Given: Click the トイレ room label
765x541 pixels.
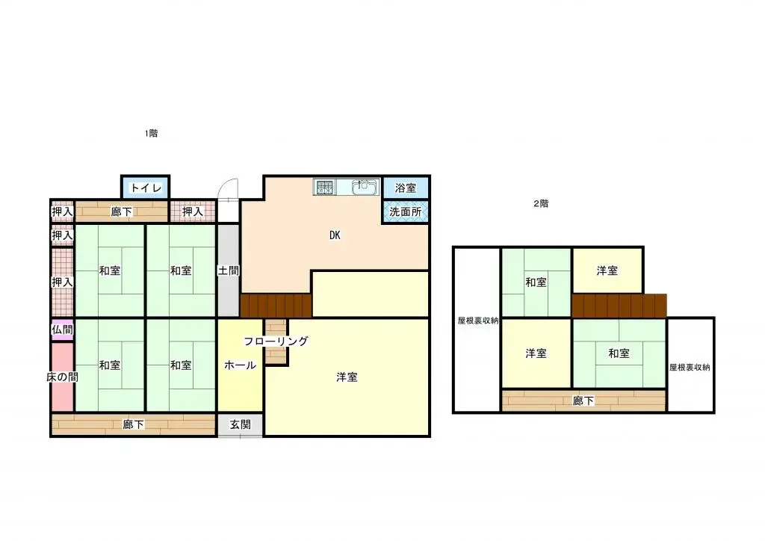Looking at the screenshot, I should tap(146, 188).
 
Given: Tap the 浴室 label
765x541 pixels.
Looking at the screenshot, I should tap(406, 188).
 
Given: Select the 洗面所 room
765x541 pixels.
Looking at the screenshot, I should tap(406, 211).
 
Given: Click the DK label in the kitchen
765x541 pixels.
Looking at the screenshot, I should tap(335, 235).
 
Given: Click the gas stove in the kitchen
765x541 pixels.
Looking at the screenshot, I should tap(324, 187).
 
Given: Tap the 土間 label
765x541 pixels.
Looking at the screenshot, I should tap(229, 270).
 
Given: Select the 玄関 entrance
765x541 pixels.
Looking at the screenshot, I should tap(240, 425).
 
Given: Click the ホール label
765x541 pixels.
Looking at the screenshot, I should tap(241, 365).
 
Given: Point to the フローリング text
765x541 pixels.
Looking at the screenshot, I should tap(276, 341).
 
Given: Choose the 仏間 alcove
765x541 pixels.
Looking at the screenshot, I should tap(62, 330).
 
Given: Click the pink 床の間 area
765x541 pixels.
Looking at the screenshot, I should tap(62, 377).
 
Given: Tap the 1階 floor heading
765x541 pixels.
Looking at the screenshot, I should tap(152, 134).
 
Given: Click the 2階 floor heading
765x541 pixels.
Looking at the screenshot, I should tap(540, 203).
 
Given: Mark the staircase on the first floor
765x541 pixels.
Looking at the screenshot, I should tap(276, 306).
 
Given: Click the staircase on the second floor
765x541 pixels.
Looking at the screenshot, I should tap(619, 306).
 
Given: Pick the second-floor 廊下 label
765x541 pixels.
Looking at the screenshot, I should tap(583, 401).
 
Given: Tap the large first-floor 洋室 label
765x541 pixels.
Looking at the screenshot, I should tap(347, 377).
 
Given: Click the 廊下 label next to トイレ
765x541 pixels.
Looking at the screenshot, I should tap(122, 212).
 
